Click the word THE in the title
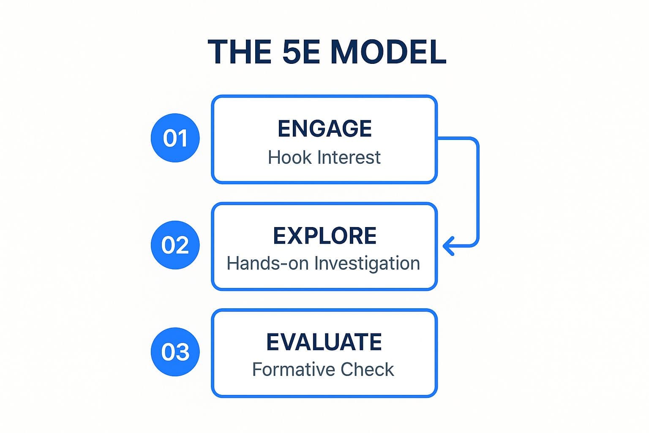(x=239, y=52)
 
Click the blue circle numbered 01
(x=175, y=138)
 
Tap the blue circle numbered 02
(x=175, y=245)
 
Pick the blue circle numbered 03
(x=175, y=352)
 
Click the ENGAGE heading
(x=324, y=129)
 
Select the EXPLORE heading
(x=324, y=236)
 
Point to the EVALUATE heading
(x=324, y=342)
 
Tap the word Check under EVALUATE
(x=367, y=370)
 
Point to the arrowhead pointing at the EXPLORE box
(x=448, y=246)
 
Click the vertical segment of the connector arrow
(x=478, y=192)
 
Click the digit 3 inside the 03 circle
(x=182, y=352)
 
